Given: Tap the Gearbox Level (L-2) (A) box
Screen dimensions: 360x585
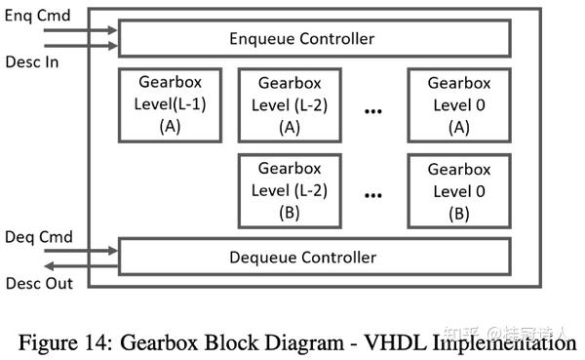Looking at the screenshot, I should [x=290, y=105].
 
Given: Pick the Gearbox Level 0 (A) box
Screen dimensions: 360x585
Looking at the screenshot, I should [x=458, y=105].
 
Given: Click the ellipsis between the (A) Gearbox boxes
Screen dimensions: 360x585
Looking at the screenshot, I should [x=371, y=111].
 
